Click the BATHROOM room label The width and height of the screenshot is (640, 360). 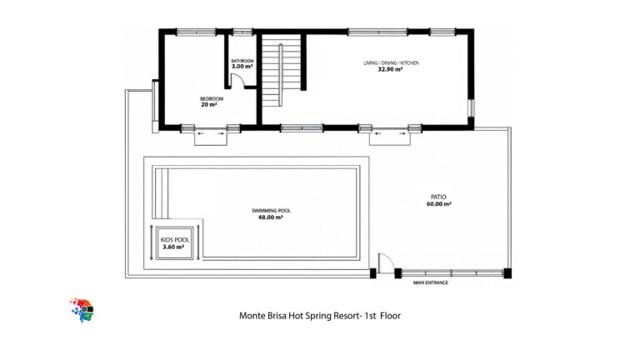(242, 61)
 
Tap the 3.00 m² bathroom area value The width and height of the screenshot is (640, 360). (242, 66)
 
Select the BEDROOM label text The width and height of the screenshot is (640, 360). (212, 99)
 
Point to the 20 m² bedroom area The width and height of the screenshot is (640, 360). (209, 104)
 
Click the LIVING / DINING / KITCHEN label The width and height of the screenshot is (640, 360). (391, 62)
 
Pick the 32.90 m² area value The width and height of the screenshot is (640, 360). (390, 69)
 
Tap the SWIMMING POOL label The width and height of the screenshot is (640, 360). (271, 211)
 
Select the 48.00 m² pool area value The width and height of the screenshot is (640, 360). (271, 217)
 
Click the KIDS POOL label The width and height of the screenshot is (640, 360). (175, 240)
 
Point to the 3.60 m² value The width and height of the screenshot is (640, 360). (173, 247)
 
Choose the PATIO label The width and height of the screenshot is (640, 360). (439, 197)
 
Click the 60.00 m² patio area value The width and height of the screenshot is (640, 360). (439, 203)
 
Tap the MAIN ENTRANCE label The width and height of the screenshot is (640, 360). (431, 282)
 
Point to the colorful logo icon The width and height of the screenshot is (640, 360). (82, 310)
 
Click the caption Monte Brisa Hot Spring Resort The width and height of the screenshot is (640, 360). (300, 316)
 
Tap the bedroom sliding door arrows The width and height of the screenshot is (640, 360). (211, 133)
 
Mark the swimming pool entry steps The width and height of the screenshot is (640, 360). (160, 193)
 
